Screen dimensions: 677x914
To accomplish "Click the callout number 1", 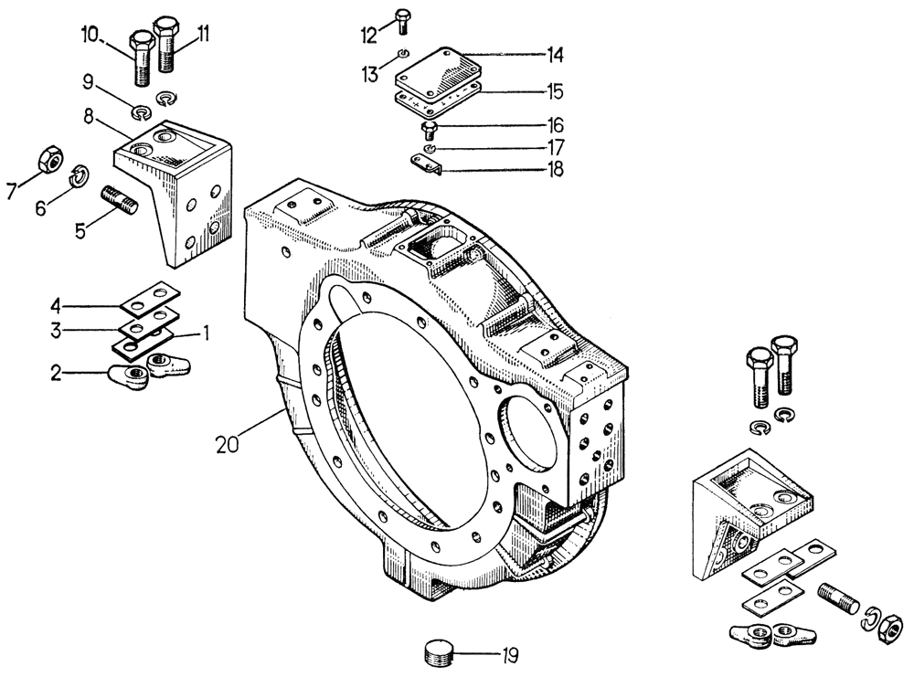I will point(207,334).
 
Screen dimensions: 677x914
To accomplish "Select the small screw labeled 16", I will point(430,128).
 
